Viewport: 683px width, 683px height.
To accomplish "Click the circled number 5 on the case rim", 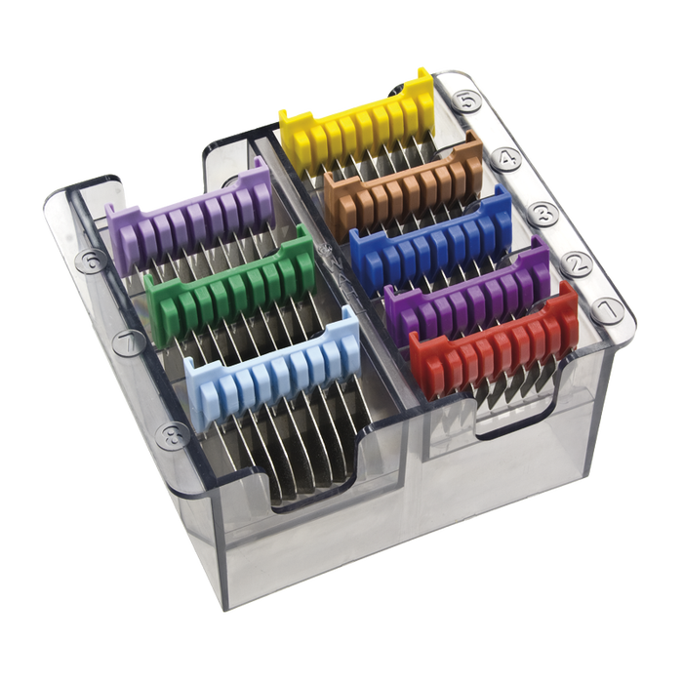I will point(469,99).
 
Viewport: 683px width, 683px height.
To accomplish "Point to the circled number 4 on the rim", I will point(506,156).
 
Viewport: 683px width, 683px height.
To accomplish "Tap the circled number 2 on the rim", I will point(575,262).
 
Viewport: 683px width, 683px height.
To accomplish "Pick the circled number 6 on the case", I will point(95,261).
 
